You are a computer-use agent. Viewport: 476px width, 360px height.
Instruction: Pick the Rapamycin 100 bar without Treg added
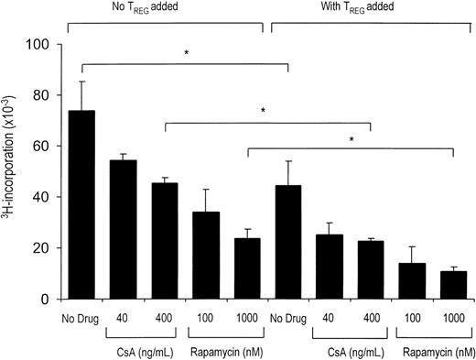(x=206, y=256)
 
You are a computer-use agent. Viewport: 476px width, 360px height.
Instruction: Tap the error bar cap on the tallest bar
(x=82, y=82)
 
